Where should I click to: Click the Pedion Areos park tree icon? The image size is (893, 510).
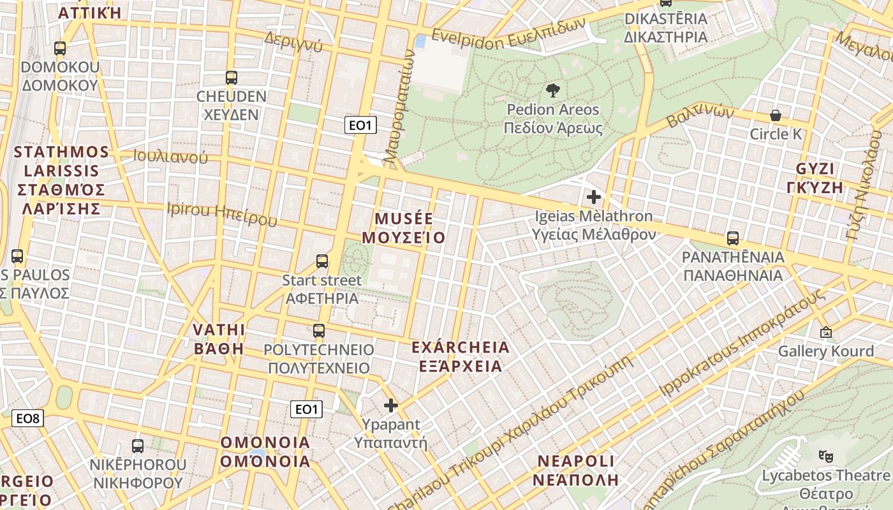pyautogui.click(x=553, y=91)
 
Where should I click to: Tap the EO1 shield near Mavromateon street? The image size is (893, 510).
pyautogui.click(x=360, y=125)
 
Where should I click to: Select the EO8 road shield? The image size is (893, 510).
pyautogui.click(x=28, y=418)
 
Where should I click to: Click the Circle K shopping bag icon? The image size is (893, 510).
pyautogui.click(x=776, y=115)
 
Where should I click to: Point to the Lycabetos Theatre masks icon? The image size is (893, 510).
pyautogui.click(x=826, y=456)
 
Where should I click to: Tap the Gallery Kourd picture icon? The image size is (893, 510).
pyautogui.click(x=826, y=332)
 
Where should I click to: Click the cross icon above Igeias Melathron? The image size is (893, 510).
pyautogui.click(x=594, y=197)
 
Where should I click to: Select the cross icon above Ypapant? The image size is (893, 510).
pyautogui.click(x=391, y=405)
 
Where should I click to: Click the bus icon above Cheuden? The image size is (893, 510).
pyautogui.click(x=231, y=78)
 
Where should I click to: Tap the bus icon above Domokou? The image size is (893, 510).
pyautogui.click(x=60, y=48)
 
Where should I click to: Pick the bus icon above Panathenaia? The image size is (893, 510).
pyautogui.click(x=733, y=238)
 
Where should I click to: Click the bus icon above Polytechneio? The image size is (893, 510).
pyautogui.click(x=319, y=331)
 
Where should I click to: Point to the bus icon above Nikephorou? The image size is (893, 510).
pyautogui.click(x=138, y=446)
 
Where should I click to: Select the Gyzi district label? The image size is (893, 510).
pyautogui.click(x=819, y=178)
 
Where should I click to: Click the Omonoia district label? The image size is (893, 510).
pyautogui.click(x=265, y=451)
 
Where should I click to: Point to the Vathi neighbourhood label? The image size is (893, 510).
pyautogui.click(x=219, y=339)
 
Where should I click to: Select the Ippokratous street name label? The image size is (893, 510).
pyautogui.click(x=744, y=344)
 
